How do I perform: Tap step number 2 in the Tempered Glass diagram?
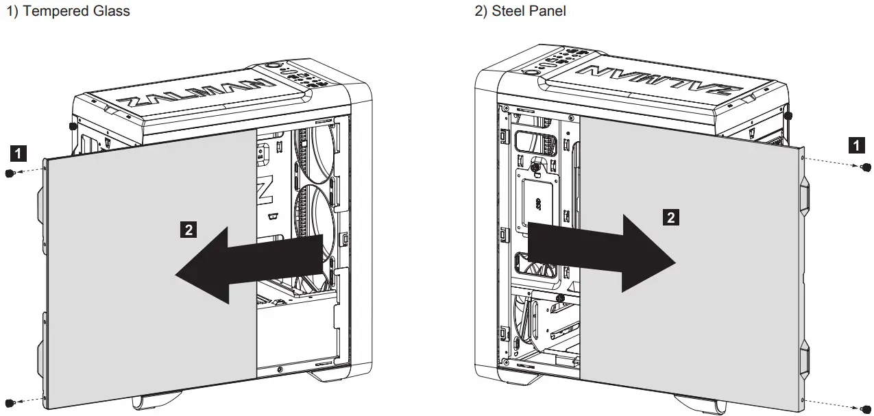187,228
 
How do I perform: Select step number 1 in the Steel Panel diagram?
855,145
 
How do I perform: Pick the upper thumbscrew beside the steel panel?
866,167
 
